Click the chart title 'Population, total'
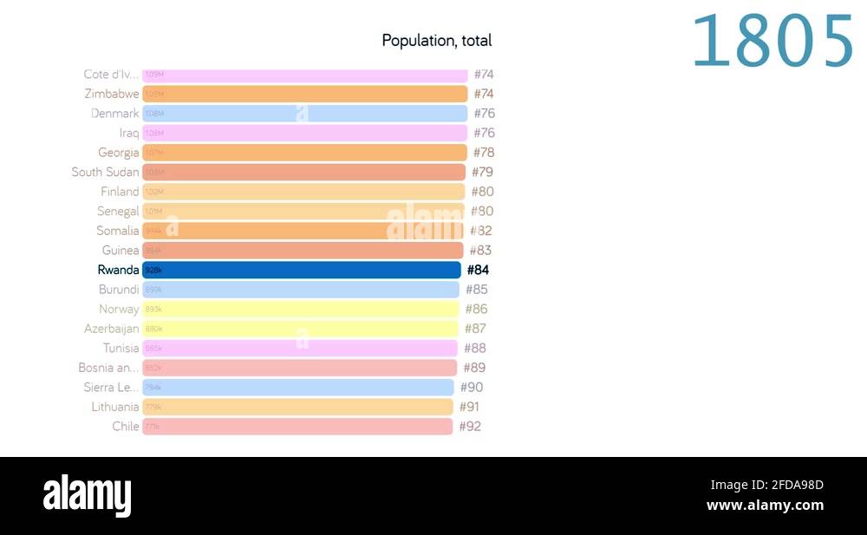pos(436,41)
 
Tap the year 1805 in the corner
pos(772,42)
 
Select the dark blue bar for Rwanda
pos(302,270)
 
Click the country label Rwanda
pos(118,270)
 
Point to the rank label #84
pos(478,270)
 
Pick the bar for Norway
pos(300,309)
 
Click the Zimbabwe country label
pos(111,94)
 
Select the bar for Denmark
pos(304,114)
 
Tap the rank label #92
pos(470,426)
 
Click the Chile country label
pos(126,426)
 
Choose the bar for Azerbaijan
pos(300,329)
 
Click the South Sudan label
pos(105,172)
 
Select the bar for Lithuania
pos(297,407)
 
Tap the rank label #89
pos(474,368)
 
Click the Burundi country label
pos(119,290)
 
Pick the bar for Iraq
pos(304,133)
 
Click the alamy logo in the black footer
pos(88,496)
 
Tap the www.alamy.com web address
pos(765,506)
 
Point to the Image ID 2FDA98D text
pos(766,485)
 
